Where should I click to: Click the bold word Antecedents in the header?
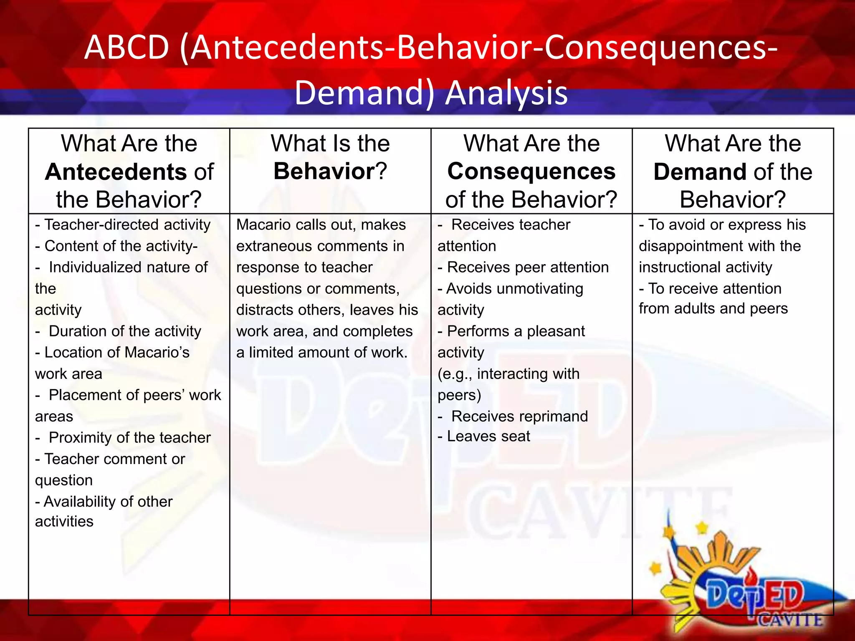click(x=116, y=172)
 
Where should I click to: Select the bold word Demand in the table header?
click(x=697, y=172)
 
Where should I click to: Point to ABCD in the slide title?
click(x=126, y=47)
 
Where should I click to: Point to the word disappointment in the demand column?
click(x=687, y=246)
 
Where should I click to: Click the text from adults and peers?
click(x=713, y=309)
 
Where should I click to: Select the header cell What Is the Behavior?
click(x=330, y=158)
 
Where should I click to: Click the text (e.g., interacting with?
click(x=508, y=374)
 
